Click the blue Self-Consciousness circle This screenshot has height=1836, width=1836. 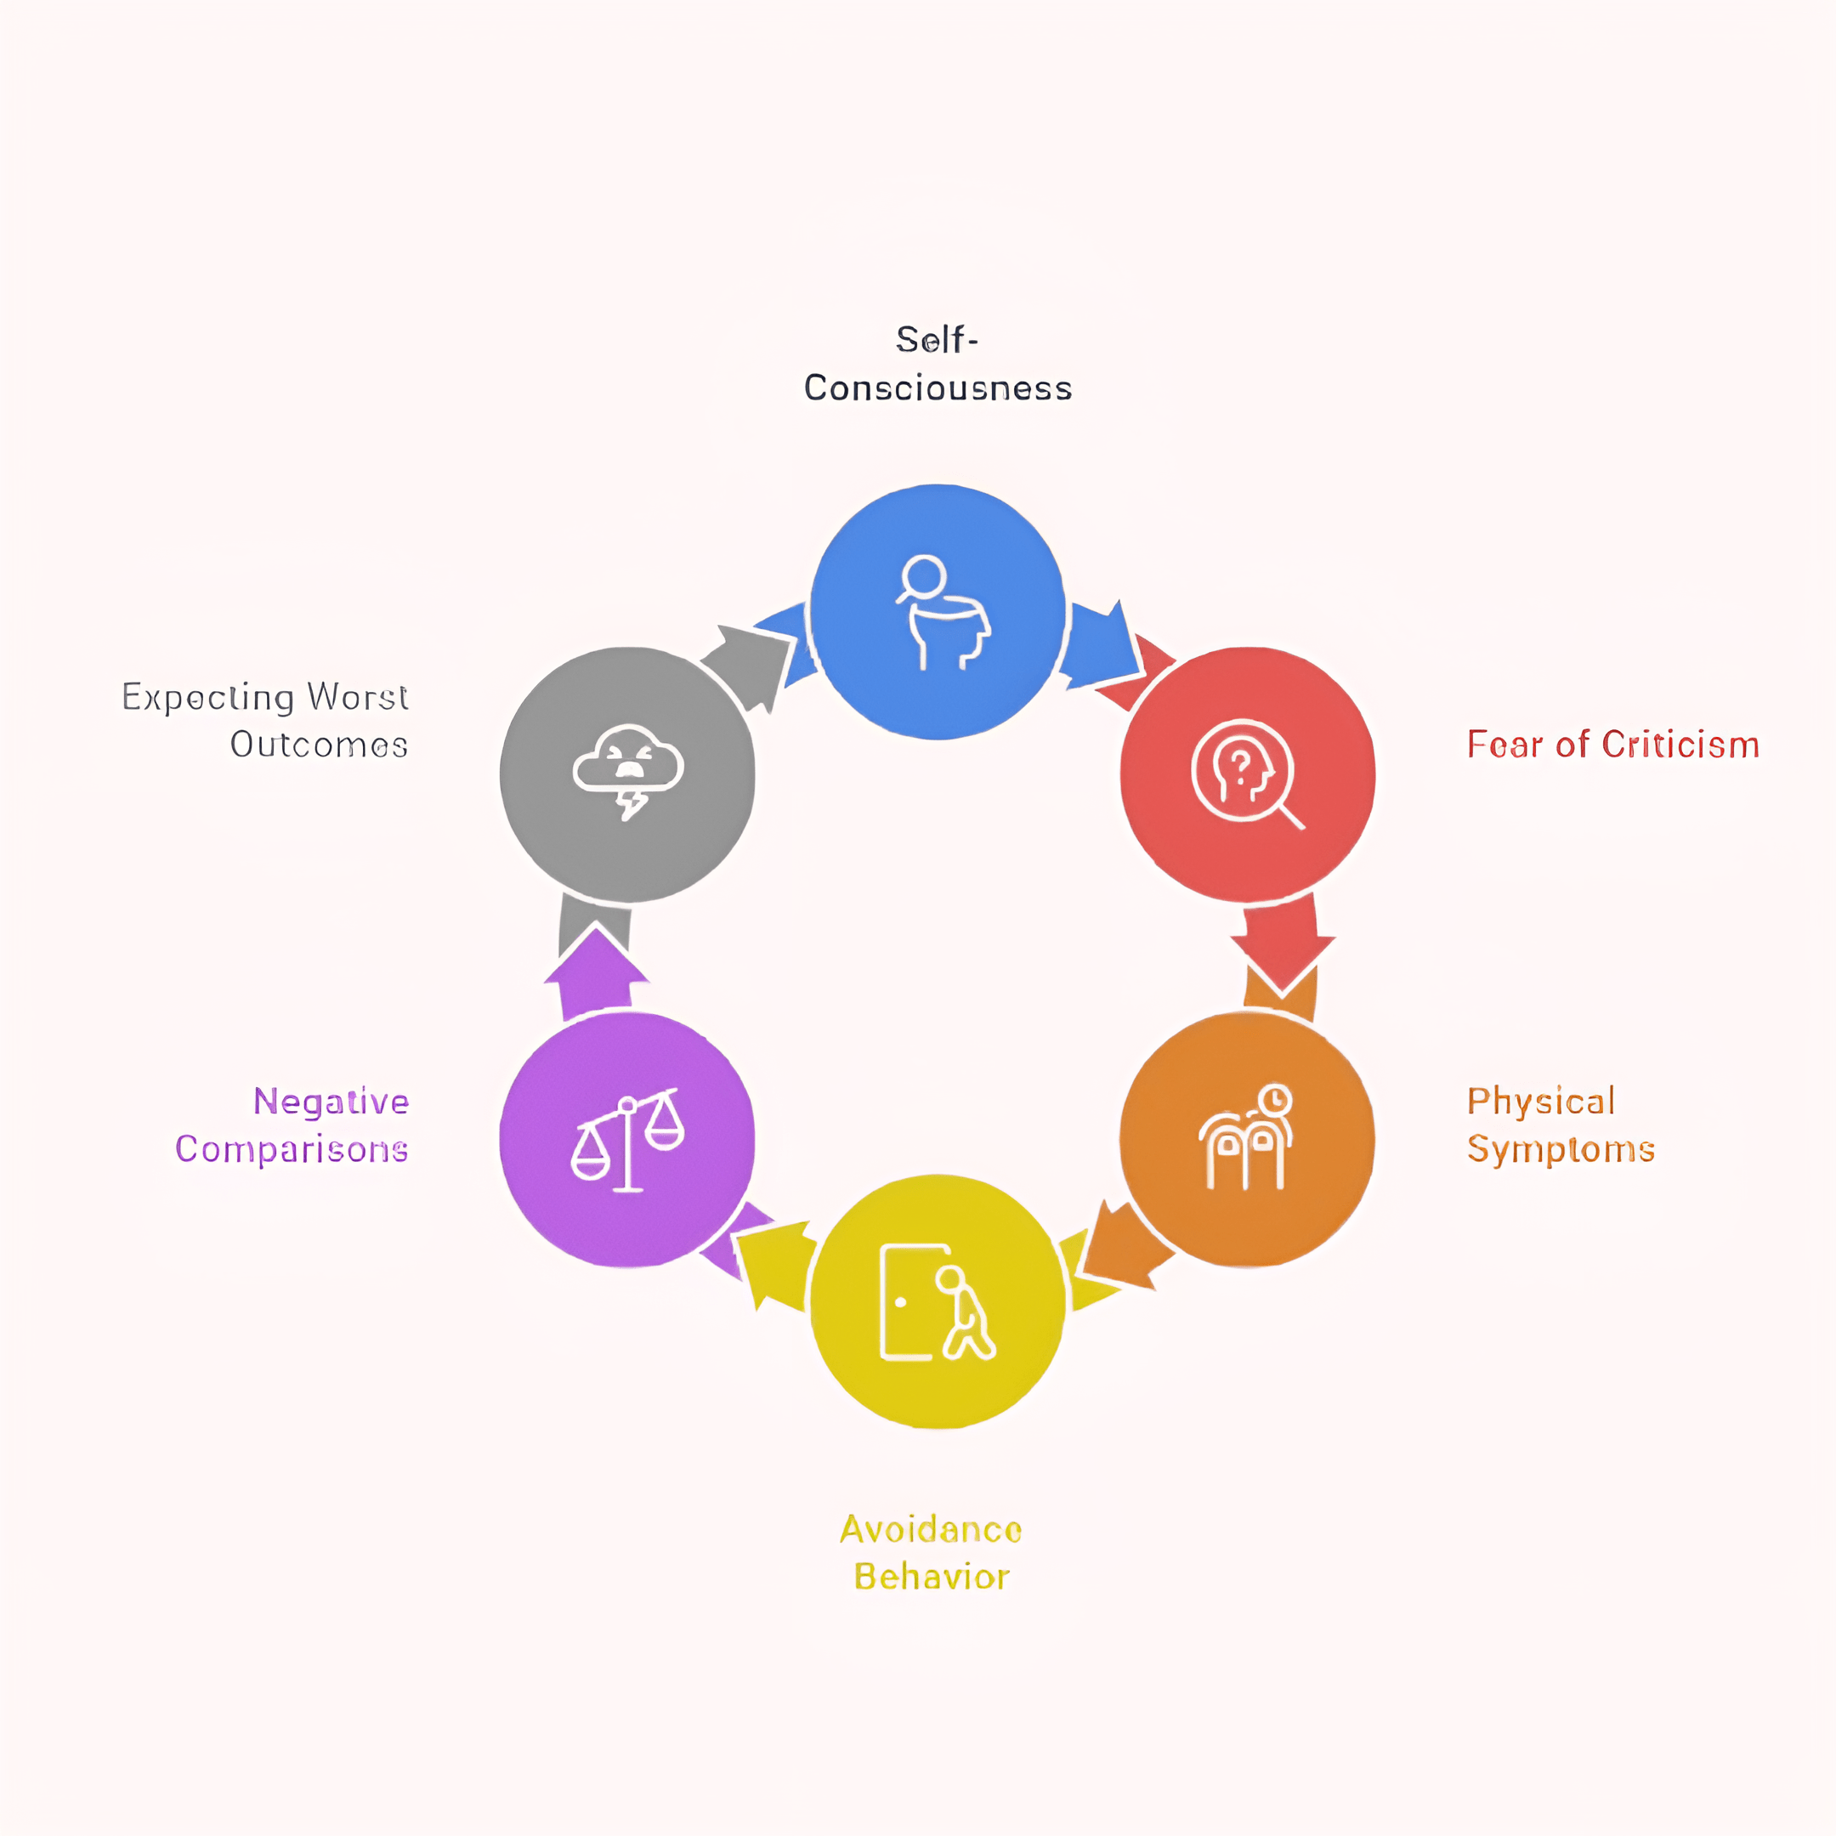(937, 611)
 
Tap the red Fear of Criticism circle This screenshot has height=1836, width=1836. (1247, 774)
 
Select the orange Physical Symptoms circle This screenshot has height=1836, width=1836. (1247, 1138)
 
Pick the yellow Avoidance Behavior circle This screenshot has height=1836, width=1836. (937, 1301)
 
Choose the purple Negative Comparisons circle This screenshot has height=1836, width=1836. (627, 1138)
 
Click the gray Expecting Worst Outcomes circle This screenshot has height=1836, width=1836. (627, 774)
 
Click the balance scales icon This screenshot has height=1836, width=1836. (627, 1141)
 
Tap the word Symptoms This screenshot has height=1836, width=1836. (1561, 1150)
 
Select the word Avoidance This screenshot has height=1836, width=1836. (931, 1529)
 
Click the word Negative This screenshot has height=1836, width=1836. (331, 1102)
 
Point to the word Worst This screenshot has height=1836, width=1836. (357, 697)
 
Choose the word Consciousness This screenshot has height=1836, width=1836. (938, 388)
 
